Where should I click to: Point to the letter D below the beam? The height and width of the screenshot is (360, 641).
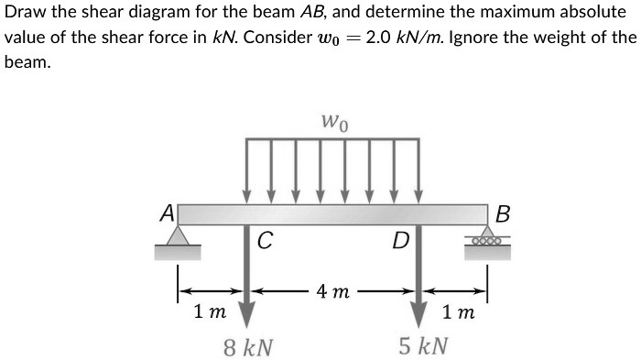[399, 242]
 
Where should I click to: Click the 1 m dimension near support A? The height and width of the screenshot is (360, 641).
[210, 311]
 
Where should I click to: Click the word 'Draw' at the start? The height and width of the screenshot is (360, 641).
[25, 14]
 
